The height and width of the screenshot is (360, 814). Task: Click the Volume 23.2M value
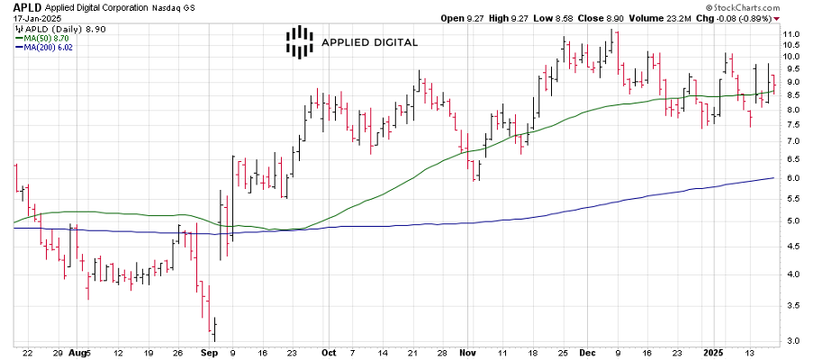[x=662, y=17]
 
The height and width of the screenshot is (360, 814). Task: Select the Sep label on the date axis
[x=209, y=353]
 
